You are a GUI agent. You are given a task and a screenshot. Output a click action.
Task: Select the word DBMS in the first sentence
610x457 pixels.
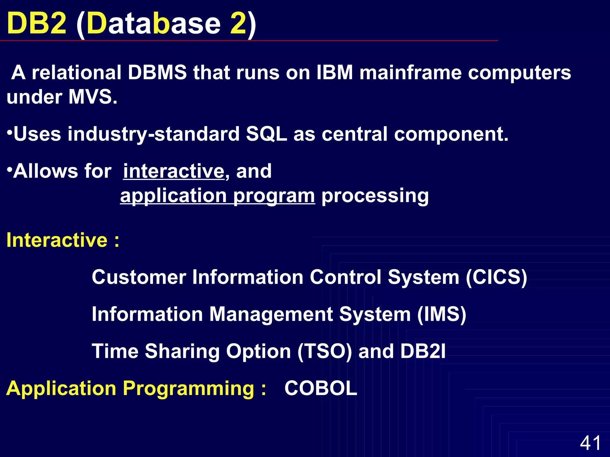point(157,73)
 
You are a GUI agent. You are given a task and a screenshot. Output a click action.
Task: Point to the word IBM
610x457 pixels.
point(334,73)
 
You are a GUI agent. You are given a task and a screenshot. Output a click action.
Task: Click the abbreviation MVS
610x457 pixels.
point(92,97)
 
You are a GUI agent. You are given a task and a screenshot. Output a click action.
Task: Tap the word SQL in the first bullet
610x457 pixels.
point(266,134)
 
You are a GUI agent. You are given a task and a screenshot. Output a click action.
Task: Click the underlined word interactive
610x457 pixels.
point(174,171)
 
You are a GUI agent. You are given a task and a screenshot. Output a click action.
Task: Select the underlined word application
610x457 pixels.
point(173,196)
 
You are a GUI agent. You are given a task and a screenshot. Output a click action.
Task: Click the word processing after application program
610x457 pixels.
point(375,196)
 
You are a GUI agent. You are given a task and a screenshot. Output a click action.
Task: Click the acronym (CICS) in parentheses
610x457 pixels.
point(497,277)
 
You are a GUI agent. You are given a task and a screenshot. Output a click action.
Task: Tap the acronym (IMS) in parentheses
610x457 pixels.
point(441,314)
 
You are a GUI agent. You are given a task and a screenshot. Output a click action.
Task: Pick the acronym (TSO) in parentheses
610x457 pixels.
point(325,351)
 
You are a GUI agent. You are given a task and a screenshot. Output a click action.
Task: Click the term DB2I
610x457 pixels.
point(423,351)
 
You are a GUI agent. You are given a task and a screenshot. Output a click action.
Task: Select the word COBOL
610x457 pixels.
point(321,388)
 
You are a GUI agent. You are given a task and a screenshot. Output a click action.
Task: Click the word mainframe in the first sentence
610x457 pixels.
point(410,73)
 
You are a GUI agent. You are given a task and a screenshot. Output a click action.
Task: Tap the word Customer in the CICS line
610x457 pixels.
point(139,277)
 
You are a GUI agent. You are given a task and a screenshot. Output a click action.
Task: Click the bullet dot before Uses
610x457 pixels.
point(10,131)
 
